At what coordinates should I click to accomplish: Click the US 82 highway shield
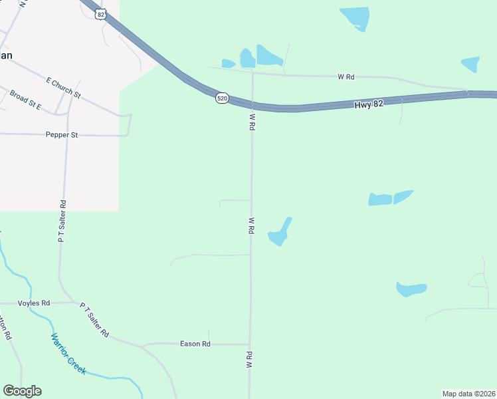tap(100, 14)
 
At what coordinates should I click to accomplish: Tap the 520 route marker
tap(223, 98)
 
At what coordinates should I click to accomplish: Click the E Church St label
tap(63, 88)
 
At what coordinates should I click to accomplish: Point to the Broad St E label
tap(26, 100)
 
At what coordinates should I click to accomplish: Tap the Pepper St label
tap(62, 135)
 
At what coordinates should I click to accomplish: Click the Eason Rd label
tap(195, 344)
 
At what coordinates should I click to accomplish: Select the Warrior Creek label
tap(68, 352)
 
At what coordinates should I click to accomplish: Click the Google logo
tap(22, 391)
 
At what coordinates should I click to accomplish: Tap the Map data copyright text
tap(468, 394)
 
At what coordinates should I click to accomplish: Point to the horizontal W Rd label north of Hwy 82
tap(346, 77)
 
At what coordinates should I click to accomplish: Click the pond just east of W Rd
tap(279, 233)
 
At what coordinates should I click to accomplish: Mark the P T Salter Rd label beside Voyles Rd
tap(95, 320)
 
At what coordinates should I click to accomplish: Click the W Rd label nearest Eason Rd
tap(250, 360)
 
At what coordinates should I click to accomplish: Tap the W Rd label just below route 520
tap(252, 122)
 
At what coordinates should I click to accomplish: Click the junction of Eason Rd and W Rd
tap(250, 344)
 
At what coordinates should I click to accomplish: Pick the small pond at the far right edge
tap(470, 64)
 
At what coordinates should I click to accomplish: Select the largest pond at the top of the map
tap(355, 17)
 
